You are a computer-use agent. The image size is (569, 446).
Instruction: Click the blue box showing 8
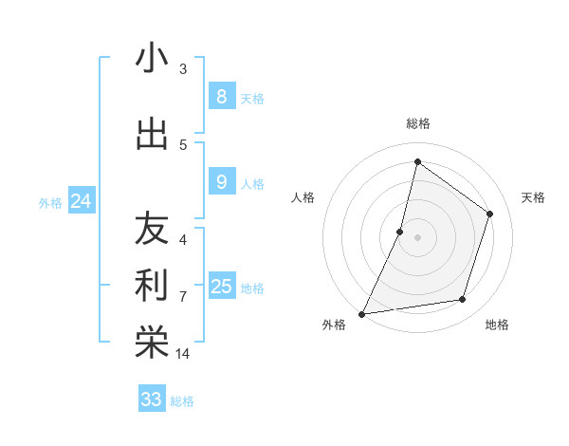[221, 96]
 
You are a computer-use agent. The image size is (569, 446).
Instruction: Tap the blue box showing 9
[221, 181]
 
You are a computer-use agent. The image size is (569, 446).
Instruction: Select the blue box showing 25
[221, 286]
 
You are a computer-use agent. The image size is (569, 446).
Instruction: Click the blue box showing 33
[152, 400]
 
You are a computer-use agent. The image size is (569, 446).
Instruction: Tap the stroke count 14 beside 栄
[183, 354]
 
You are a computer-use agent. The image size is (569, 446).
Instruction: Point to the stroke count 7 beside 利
[183, 297]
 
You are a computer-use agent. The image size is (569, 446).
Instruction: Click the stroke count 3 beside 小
[183, 69]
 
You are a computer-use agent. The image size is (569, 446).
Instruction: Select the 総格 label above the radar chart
[417, 123]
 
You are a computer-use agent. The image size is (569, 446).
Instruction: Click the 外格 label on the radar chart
[334, 325]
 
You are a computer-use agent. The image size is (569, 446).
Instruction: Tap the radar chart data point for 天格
[490, 214]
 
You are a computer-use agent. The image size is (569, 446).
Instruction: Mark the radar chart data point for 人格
[400, 232]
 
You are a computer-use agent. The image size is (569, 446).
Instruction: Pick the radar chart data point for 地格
[463, 300]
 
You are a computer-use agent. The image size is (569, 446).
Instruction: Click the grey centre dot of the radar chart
[417, 237]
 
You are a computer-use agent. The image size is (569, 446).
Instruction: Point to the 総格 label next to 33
[182, 401]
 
